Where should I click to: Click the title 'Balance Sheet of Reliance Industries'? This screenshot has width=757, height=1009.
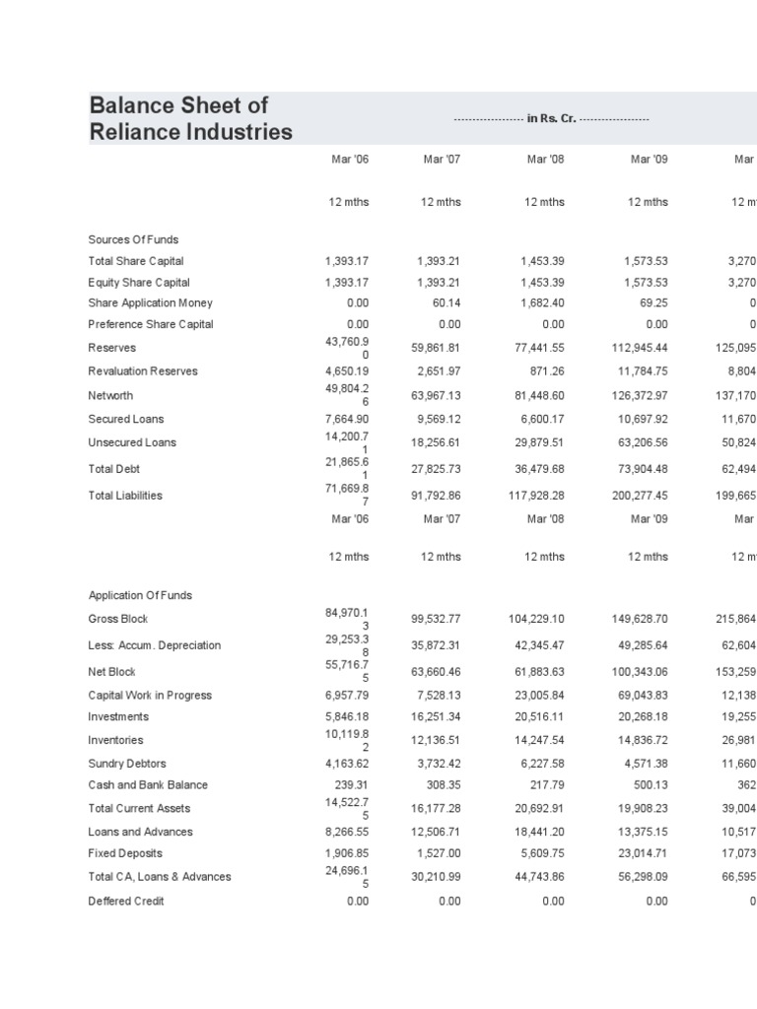tap(190, 118)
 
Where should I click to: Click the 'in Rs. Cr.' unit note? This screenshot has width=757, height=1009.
tap(551, 119)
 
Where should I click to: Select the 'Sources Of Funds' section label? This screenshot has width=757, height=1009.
tap(133, 239)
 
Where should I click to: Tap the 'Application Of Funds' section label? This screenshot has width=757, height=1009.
tap(140, 595)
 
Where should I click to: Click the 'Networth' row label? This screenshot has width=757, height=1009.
tap(110, 395)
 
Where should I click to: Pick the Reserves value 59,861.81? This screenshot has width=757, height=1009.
tap(436, 348)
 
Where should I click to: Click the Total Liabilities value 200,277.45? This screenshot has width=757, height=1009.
tap(640, 496)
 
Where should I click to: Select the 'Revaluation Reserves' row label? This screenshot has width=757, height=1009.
tap(143, 371)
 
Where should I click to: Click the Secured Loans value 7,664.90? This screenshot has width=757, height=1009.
tap(346, 419)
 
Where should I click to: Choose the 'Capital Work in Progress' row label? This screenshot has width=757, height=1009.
tap(149, 695)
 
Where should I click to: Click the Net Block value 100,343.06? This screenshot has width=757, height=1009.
tap(640, 672)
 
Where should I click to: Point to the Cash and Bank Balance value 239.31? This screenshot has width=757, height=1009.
tap(350, 785)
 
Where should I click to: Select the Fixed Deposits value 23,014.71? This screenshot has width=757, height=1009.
tap(642, 853)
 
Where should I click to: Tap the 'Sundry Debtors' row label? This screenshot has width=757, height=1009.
tap(127, 763)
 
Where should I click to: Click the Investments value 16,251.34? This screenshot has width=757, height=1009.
tap(436, 717)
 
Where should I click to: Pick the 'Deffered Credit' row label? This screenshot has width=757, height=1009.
tap(125, 901)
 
